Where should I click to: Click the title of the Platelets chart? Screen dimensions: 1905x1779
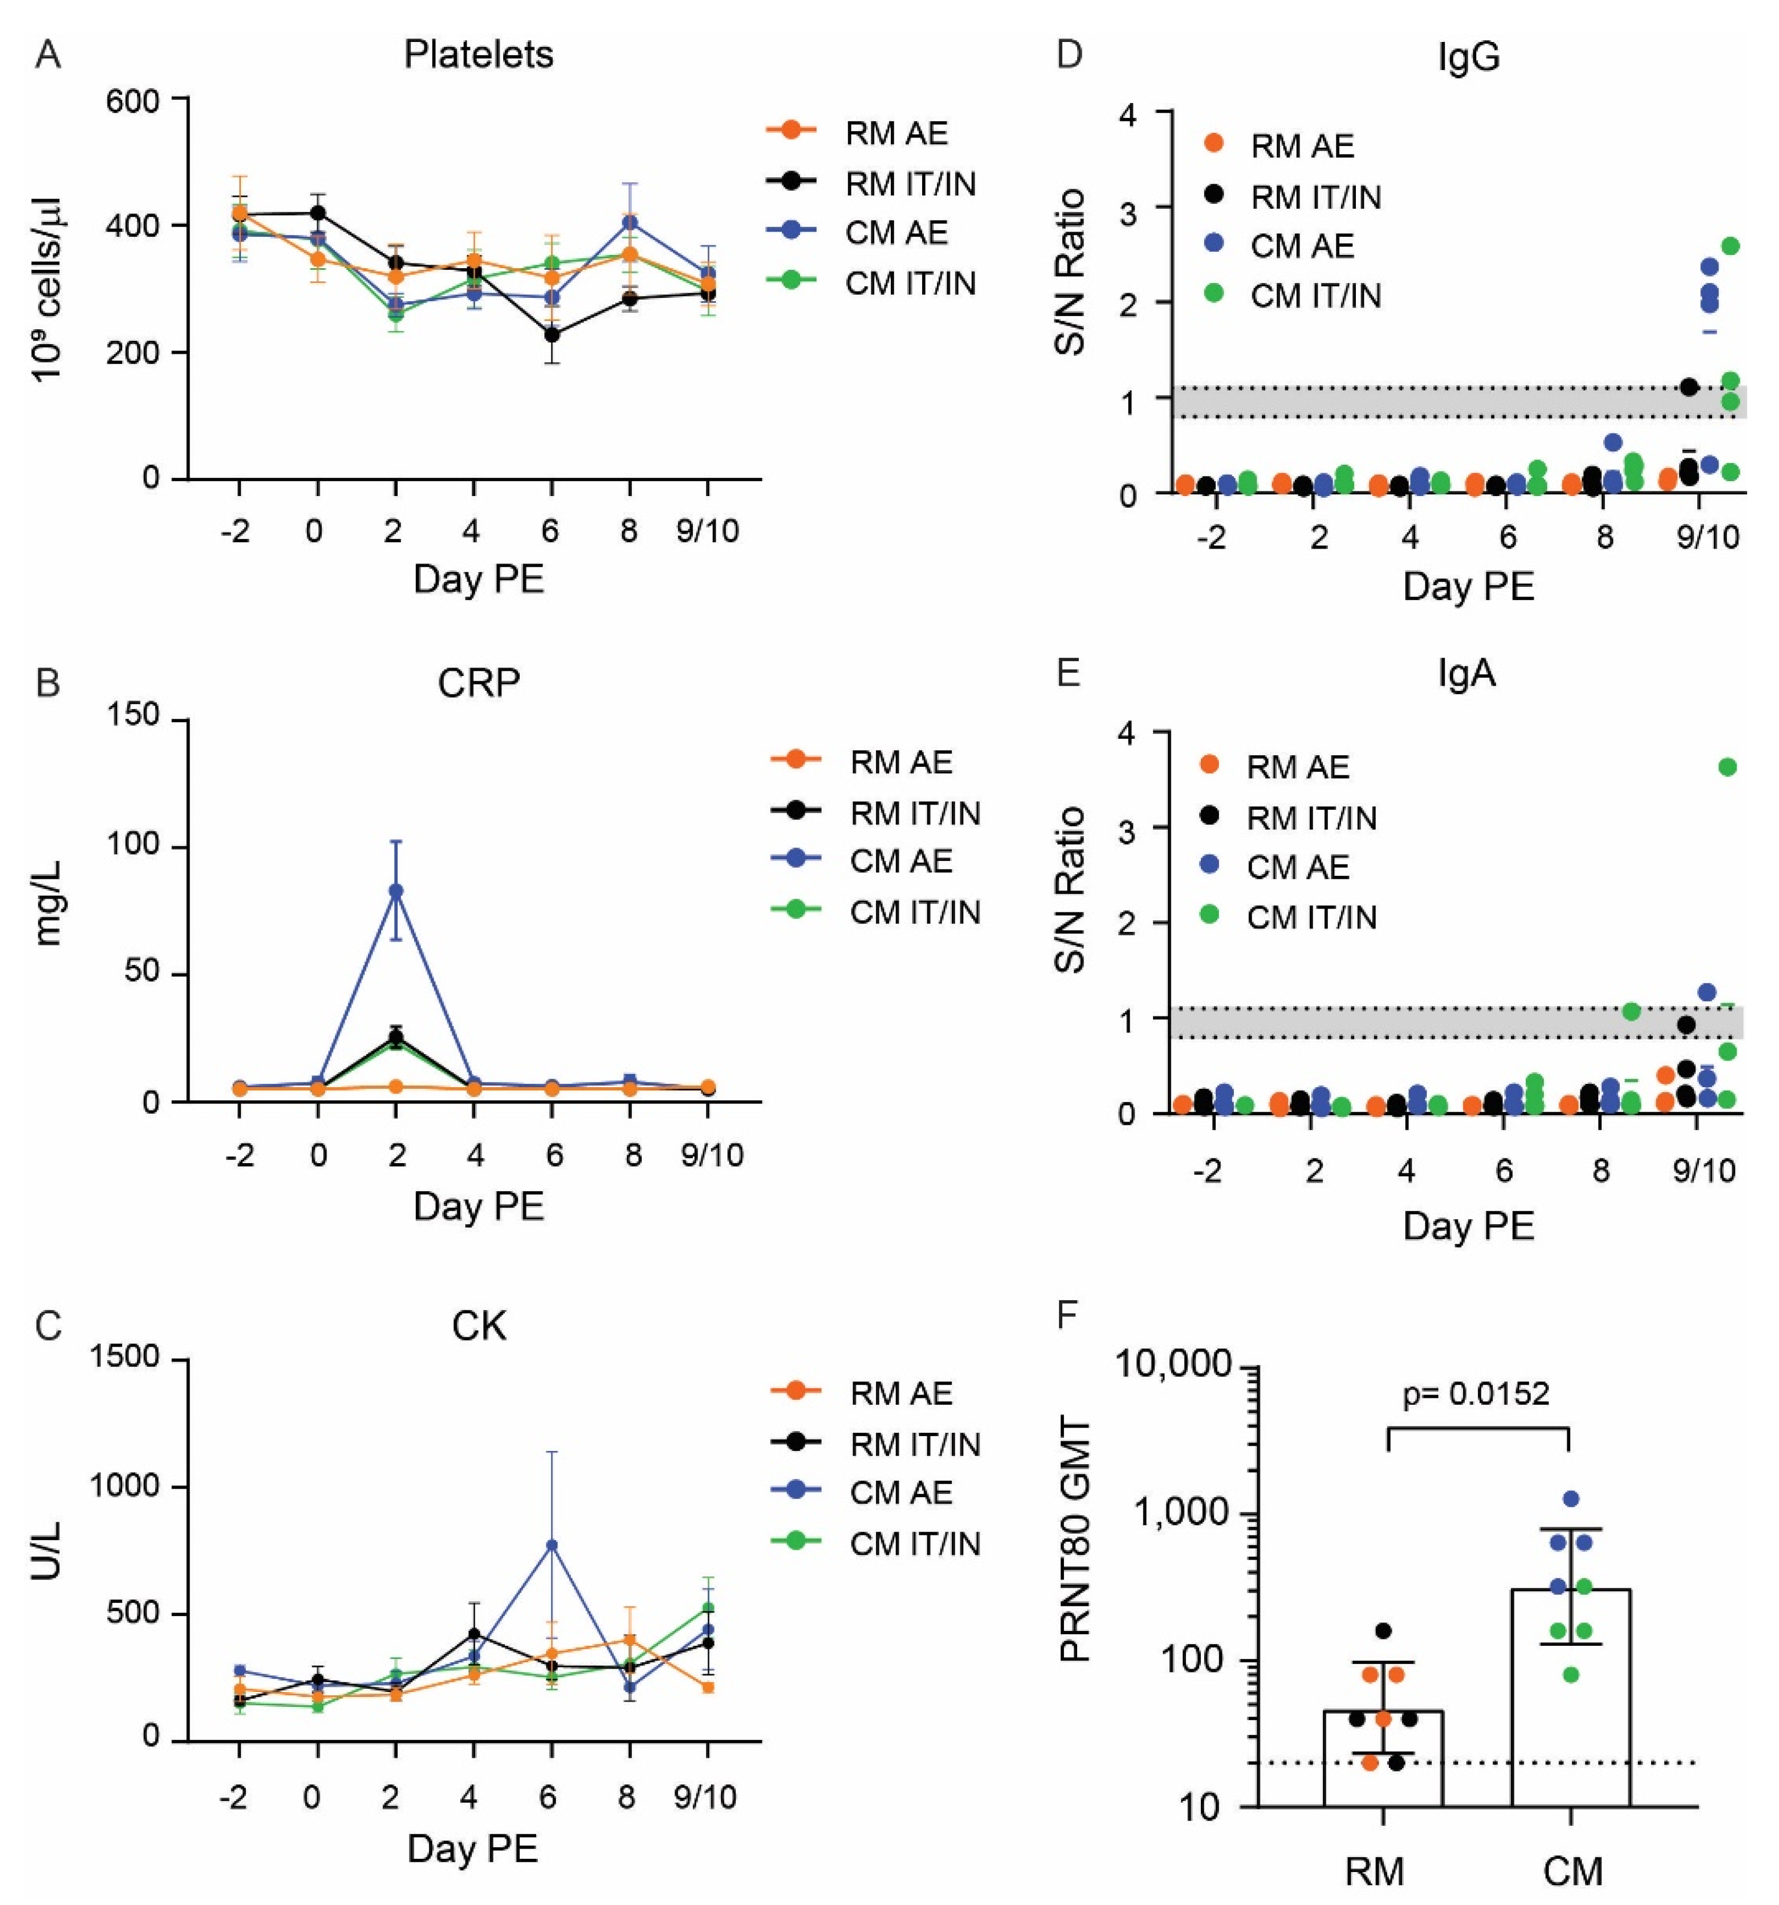point(478,55)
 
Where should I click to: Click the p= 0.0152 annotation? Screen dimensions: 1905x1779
point(1475,1393)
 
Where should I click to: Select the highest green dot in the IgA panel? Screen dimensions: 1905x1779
point(1728,766)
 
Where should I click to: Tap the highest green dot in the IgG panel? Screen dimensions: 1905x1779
point(1730,246)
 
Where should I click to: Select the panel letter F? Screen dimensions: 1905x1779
point(1068,1315)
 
